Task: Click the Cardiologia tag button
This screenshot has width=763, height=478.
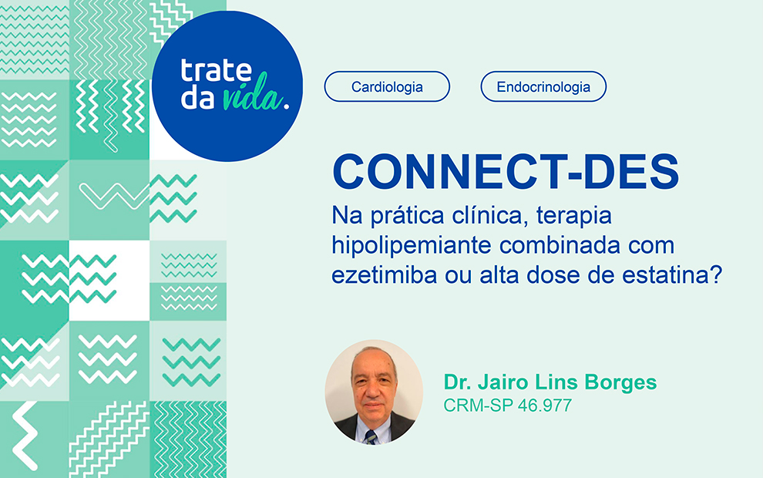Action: coord(387,86)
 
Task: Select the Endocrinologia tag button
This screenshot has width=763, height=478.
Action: coord(543,86)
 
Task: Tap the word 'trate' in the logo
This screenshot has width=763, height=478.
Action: coord(217,70)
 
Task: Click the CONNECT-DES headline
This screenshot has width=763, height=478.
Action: coord(505,172)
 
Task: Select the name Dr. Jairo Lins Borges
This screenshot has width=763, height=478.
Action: coord(550,382)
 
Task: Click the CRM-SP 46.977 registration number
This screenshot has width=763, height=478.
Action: coord(507,405)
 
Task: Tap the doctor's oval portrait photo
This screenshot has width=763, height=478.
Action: coord(374,392)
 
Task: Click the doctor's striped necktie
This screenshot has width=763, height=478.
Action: coord(371,437)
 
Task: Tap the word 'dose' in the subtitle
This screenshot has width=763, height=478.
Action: coord(556,274)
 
